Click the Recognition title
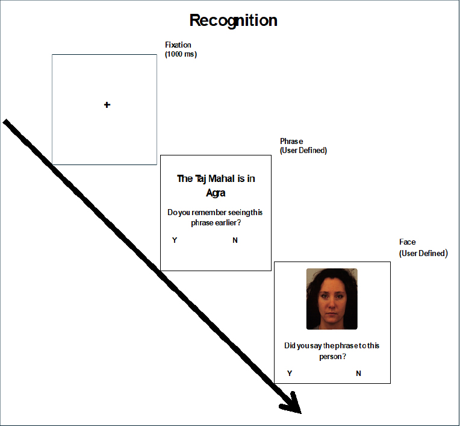pos(233,21)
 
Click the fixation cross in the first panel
pos(107,105)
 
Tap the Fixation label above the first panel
pos(178,45)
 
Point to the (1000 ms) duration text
pos(181,54)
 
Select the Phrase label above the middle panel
pos(291,141)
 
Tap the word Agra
pos(216,193)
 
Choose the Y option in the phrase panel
pos(175,240)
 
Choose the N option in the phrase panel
pos(235,240)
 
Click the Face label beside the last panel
pos(407,242)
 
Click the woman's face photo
pos(332,299)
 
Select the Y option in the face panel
pos(290,373)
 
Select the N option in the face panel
pos(358,373)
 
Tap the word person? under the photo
pos(333,357)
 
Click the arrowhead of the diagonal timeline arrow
pos(291,404)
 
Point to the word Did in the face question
pos(290,345)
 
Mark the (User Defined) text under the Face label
pos(423,253)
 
